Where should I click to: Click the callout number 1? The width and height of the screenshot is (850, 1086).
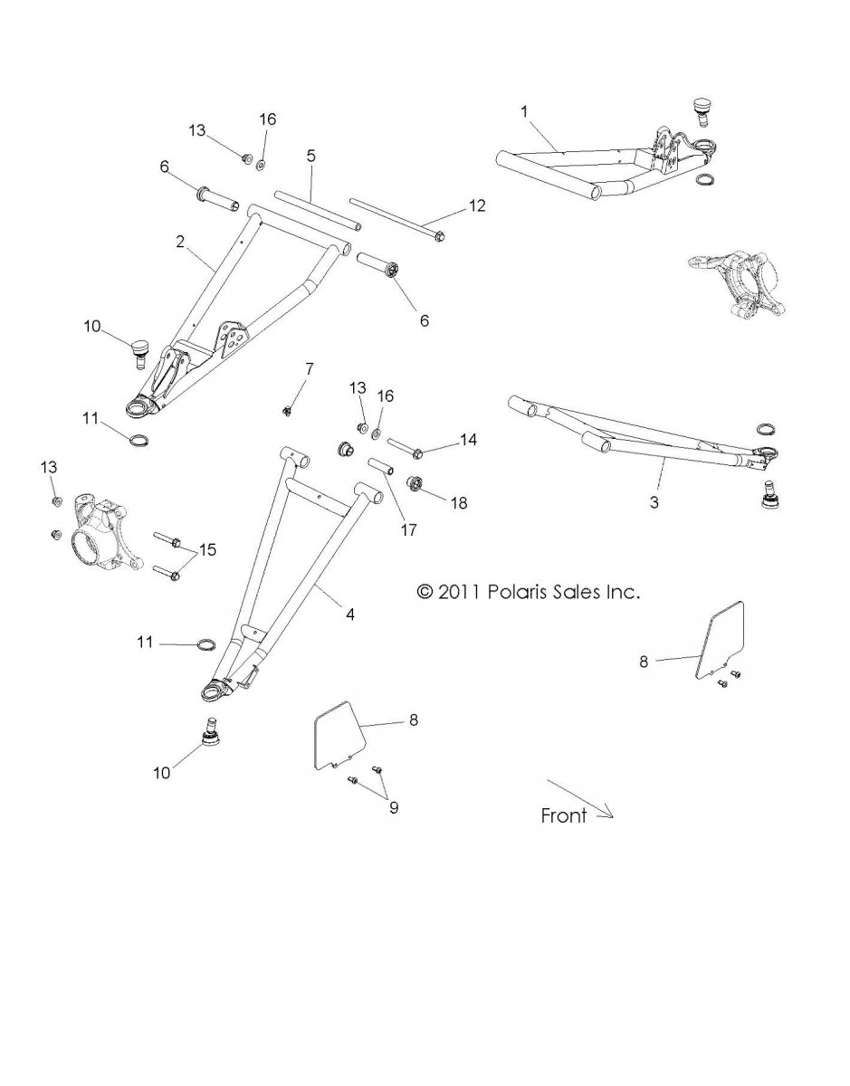524,112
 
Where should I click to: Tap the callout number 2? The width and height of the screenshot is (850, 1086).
180,242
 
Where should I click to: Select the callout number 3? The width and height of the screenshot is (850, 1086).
654,502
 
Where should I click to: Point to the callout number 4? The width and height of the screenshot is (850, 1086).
350,614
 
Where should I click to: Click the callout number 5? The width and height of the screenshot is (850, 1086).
311,156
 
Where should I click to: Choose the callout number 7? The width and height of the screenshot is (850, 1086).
310,370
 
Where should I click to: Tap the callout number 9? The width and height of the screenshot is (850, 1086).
394,808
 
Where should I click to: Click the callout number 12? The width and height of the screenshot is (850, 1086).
477,206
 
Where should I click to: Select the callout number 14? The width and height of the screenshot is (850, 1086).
468,440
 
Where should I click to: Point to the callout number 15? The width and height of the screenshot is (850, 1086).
207,549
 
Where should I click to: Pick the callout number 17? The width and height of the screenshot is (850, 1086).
408,530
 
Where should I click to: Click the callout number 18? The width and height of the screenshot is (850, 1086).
459,503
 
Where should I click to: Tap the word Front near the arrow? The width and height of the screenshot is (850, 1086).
564,815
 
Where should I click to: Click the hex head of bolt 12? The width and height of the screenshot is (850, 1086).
440,236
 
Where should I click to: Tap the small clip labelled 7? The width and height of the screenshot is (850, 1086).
287,411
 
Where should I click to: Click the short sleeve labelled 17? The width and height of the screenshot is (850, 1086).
382,466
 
